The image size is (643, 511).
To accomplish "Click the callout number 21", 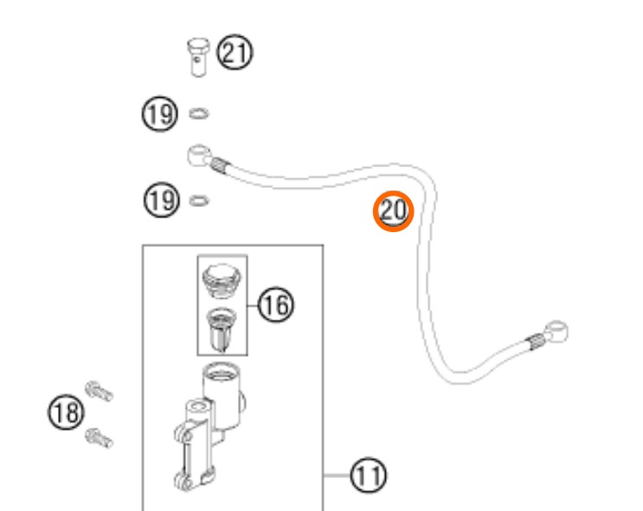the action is (x=235, y=52).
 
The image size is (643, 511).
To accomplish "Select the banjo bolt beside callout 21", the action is (x=199, y=57).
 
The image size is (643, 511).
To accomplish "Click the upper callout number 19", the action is (x=160, y=114).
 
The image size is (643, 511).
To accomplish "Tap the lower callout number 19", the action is (x=162, y=200).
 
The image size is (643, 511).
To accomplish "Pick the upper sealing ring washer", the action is (x=199, y=113).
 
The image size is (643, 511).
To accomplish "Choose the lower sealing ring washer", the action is (x=199, y=201).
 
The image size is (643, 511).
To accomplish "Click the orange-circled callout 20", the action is (x=393, y=211).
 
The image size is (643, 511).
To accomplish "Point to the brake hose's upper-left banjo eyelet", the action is (x=199, y=155).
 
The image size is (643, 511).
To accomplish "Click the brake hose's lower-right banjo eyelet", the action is (x=556, y=331).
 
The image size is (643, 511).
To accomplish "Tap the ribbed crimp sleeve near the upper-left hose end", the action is (x=220, y=165).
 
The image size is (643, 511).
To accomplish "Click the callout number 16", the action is (x=276, y=305).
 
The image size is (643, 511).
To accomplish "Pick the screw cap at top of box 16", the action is (x=222, y=281).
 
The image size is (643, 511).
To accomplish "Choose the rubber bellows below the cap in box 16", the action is (x=222, y=329).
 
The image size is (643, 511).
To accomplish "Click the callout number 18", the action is (x=66, y=412).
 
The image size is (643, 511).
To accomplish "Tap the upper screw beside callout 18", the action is (x=100, y=391).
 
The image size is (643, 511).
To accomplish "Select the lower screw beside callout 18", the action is (x=99, y=438).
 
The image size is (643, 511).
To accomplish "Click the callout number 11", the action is (x=369, y=475).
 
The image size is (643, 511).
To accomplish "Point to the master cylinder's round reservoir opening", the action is (x=222, y=372).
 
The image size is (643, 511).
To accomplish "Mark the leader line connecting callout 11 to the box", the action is (x=338, y=475).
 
